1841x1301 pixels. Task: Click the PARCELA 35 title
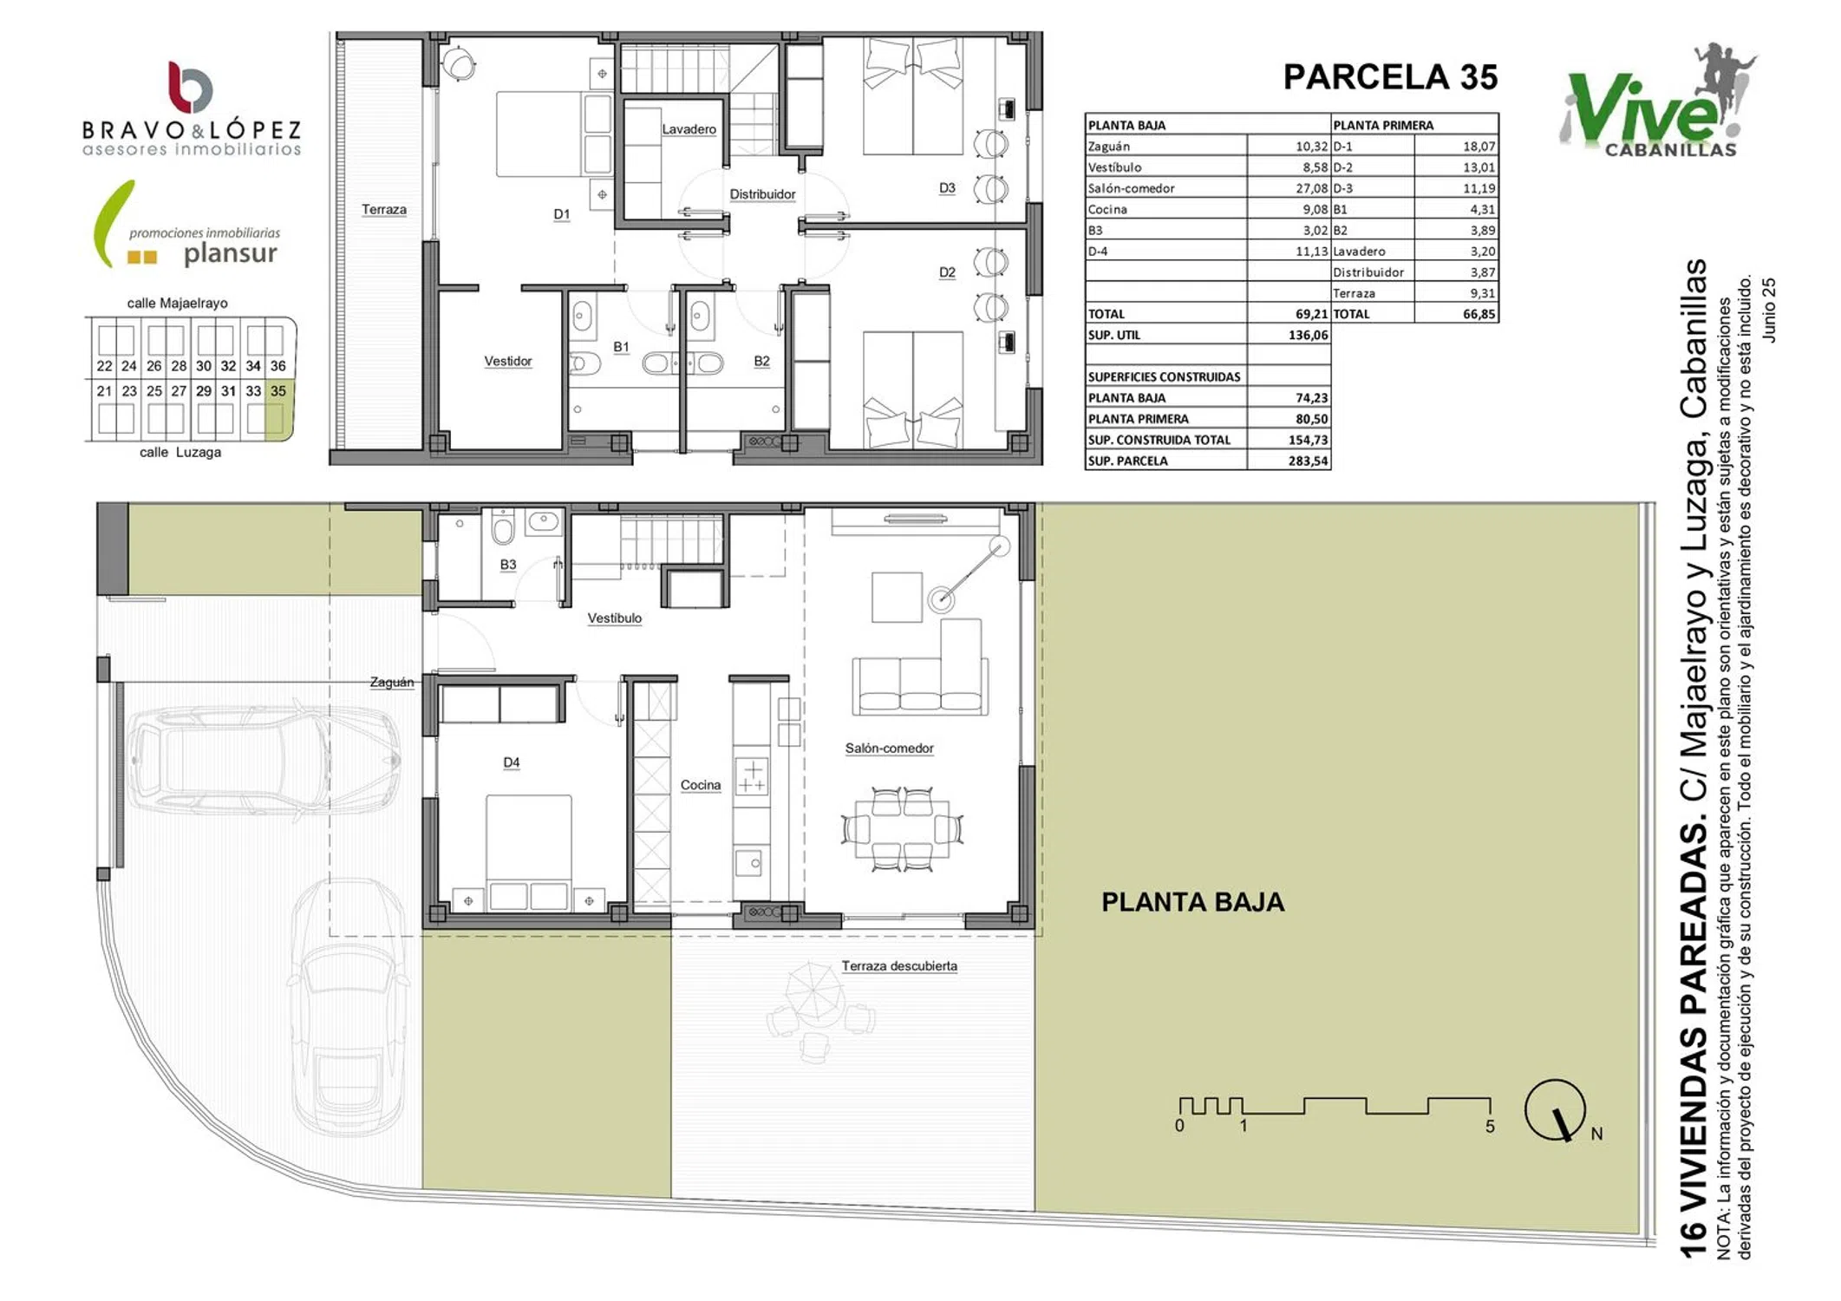point(1390,77)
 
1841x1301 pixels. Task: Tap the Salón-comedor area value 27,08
point(1311,188)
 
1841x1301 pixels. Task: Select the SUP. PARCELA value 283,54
point(1308,461)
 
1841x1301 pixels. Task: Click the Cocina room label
point(700,785)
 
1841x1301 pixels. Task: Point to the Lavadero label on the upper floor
point(689,129)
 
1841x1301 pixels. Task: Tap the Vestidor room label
point(508,361)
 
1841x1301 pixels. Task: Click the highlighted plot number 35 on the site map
point(277,391)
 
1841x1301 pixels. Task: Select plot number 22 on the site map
point(104,366)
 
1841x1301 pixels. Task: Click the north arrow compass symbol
point(1556,1111)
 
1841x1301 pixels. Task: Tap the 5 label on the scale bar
point(1490,1127)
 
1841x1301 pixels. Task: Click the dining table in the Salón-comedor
point(902,828)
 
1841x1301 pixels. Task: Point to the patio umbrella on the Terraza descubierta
point(814,991)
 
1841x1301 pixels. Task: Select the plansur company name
point(230,254)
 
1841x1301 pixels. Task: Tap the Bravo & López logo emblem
point(190,87)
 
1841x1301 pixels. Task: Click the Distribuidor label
point(762,194)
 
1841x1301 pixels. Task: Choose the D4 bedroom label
point(512,762)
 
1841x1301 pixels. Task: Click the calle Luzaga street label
point(180,452)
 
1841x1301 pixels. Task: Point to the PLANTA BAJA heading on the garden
point(1192,902)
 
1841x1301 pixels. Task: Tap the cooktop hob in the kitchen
point(752,777)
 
